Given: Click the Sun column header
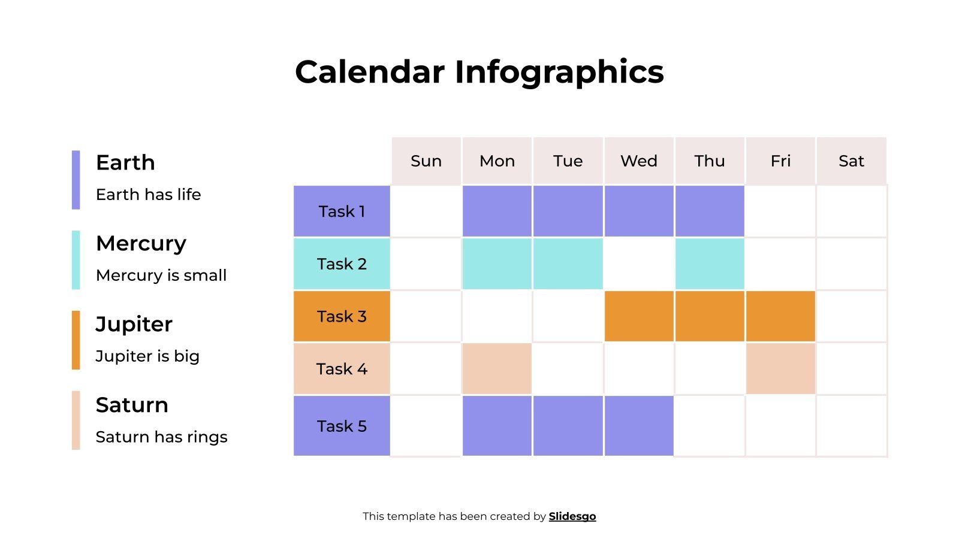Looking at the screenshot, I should click(x=426, y=161).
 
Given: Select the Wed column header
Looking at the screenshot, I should click(x=639, y=161).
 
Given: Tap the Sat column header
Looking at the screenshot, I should click(x=851, y=161).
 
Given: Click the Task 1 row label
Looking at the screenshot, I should click(x=342, y=211).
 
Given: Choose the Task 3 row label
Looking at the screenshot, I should click(x=342, y=316).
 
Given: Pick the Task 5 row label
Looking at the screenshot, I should click(x=342, y=426).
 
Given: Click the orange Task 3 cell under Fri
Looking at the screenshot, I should click(x=780, y=316).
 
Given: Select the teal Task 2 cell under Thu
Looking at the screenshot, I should click(x=710, y=264).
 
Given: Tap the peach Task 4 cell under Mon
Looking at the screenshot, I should click(x=497, y=369).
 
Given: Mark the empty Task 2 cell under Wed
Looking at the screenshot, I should click(x=639, y=264).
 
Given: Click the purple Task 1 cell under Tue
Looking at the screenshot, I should click(x=568, y=211).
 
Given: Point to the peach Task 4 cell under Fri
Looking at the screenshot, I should click(x=780, y=369).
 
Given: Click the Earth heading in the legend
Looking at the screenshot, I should click(x=125, y=162).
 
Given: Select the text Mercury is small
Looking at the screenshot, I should click(x=161, y=275).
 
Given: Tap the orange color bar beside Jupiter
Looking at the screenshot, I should click(x=76, y=340).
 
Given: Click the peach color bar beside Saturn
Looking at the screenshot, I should click(x=76, y=420).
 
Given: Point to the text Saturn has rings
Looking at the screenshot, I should click(x=161, y=437).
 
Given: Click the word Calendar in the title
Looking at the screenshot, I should click(x=370, y=72).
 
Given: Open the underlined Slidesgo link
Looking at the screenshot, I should click(x=572, y=516).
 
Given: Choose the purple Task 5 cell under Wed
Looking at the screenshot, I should click(x=639, y=426).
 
